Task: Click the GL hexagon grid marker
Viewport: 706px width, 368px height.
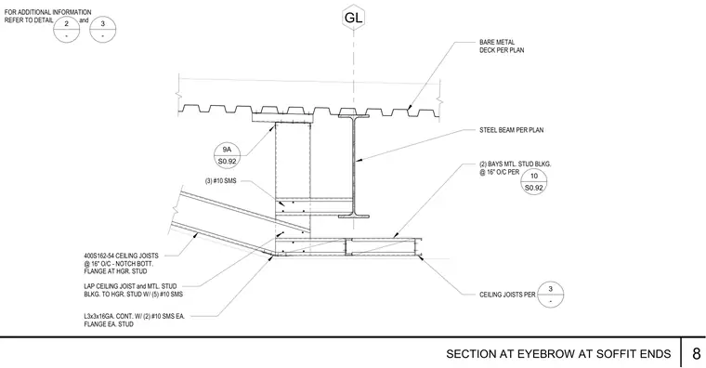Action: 353,18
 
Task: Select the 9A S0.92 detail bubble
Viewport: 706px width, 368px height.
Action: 227,155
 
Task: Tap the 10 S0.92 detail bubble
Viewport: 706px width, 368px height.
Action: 533,181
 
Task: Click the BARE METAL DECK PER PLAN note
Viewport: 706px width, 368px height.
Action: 502,46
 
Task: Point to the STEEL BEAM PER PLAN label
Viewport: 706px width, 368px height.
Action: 512,130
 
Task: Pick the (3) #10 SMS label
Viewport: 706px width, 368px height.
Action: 221,181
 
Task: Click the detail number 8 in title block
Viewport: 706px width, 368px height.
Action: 696,353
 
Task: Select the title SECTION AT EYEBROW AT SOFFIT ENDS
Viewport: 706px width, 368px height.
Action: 558,354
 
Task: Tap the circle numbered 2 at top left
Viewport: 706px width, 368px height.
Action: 67,30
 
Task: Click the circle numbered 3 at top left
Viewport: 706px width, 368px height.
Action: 103,30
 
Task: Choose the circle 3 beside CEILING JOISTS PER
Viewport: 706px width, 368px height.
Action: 550,295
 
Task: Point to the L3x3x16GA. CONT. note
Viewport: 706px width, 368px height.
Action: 134,321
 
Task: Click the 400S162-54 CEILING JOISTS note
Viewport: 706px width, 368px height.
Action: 121,264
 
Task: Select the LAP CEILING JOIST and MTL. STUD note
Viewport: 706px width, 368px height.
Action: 133,290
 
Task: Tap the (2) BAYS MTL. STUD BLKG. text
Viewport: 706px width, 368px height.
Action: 515,168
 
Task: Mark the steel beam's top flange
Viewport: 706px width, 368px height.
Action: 353,116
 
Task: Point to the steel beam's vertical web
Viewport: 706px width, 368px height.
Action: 353,166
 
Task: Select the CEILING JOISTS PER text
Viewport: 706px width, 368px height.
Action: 507,295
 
